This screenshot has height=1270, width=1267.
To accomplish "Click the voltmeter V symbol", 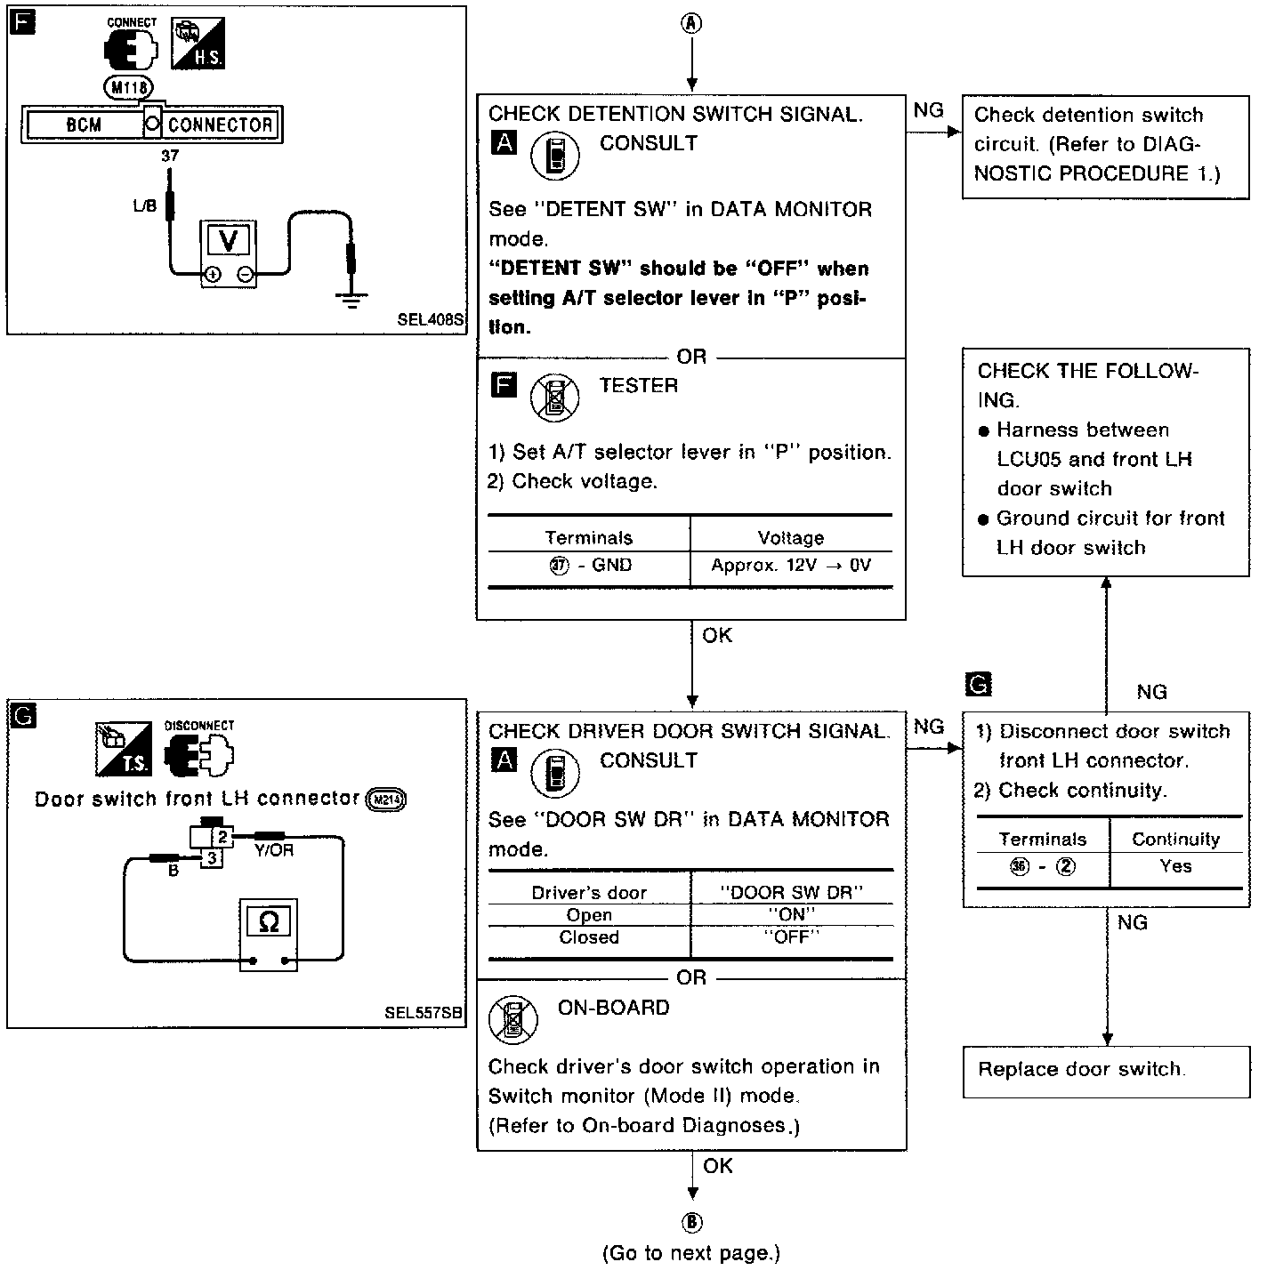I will coord(229,239).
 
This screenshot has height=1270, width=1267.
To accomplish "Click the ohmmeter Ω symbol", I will coord(268,922).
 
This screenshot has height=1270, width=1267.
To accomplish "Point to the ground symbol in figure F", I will coord(352,300).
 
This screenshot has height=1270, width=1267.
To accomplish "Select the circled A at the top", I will coord(691,24).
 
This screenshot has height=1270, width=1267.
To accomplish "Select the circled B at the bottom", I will coord(691,1223).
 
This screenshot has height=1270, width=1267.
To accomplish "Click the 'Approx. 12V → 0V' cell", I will coord(791,566).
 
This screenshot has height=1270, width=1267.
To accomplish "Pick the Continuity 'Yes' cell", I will coord(1175,865).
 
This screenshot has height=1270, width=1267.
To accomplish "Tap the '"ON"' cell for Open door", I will coord(791,914).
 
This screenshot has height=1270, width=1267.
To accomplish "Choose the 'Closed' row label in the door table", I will coord(589,937).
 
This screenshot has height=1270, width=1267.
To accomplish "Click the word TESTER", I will coord(639,386).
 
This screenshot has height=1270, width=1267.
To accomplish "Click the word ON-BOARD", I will coord(613,1008).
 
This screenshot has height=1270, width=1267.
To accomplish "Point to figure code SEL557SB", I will coord(424,1013).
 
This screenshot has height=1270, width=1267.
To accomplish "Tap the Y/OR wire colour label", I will coord(274,850).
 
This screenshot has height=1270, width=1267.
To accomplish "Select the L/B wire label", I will coord(144,206).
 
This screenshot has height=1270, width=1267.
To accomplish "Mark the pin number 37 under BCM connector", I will coord(170,156).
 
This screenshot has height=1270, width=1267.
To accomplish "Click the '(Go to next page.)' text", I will coord(691,1253).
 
